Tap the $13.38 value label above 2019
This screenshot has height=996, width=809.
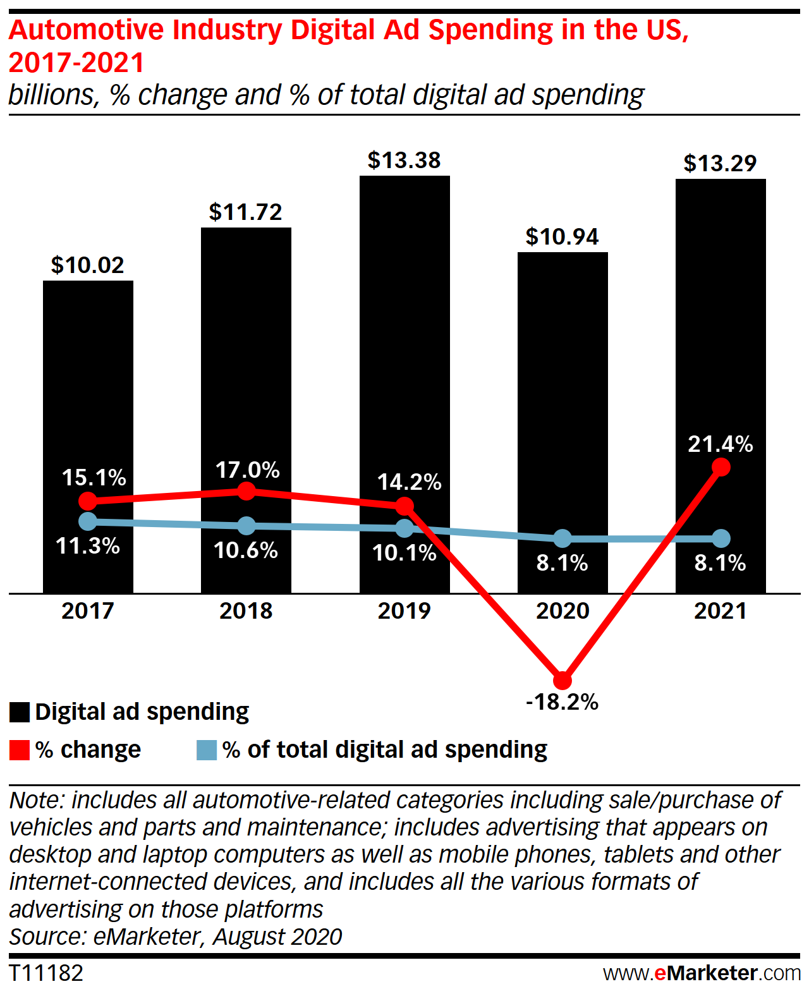tap(404, 161)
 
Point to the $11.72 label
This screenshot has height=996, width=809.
tap(246, 212)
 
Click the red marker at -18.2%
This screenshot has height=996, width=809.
tap(563, 681)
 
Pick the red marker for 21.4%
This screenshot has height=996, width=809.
tap(721, 467)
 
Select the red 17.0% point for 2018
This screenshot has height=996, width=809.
tap(246, 490)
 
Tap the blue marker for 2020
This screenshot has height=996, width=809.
tap(563, 539)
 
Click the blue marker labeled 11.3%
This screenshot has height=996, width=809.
tap(88, 521)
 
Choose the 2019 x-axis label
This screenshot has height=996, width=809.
tap(404, 611)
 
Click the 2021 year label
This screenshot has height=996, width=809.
tap(721, 611)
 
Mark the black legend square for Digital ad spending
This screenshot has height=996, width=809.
tap(20, 712)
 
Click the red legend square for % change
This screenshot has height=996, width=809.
tap(20, 750)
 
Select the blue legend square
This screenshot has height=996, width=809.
tap(207, 750)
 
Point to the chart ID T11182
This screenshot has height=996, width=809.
tap(46, 973)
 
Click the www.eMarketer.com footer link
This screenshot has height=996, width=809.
tap(702, 973)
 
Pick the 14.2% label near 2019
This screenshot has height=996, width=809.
tap(410, 483)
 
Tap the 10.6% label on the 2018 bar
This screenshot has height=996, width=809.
tap(246, 550)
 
